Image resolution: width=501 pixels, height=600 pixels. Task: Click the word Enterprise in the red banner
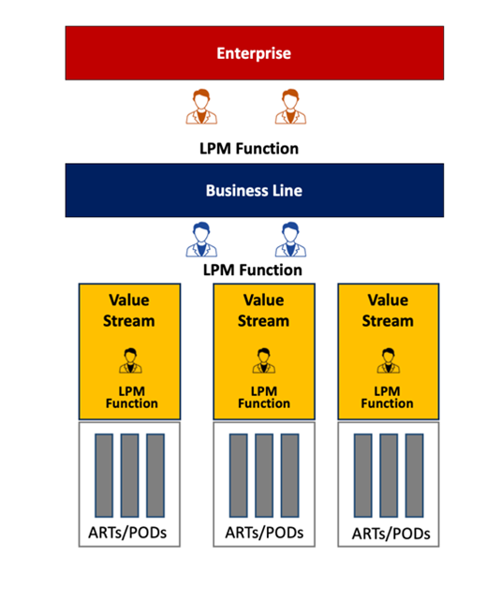254,53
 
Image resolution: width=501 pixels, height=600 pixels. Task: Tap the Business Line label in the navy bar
254,191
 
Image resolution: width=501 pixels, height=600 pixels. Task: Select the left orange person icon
201,107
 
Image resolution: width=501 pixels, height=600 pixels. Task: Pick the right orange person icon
290,107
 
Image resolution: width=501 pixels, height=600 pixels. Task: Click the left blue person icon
201,240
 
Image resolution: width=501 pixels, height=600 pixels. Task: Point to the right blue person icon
290,240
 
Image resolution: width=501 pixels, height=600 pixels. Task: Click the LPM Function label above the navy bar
249,149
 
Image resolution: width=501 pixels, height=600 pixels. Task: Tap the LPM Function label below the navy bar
253,271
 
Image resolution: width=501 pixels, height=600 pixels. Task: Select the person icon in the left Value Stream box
130,360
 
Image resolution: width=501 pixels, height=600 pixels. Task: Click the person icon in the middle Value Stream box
264,360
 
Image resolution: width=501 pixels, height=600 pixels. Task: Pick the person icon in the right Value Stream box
389,360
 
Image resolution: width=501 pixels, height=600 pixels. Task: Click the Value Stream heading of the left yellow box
129,311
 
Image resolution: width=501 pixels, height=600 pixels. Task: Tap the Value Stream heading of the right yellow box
388,311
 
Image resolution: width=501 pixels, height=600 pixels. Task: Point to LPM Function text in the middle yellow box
264,397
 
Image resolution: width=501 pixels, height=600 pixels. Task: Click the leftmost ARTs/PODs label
127,533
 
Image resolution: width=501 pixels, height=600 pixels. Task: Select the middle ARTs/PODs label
264,533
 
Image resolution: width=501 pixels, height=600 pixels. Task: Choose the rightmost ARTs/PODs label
390,534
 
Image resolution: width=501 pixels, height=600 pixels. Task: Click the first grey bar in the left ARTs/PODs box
104,476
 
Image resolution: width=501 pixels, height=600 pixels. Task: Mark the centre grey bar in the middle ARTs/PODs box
264,476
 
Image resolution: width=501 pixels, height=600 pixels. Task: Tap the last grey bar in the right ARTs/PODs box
415,476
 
